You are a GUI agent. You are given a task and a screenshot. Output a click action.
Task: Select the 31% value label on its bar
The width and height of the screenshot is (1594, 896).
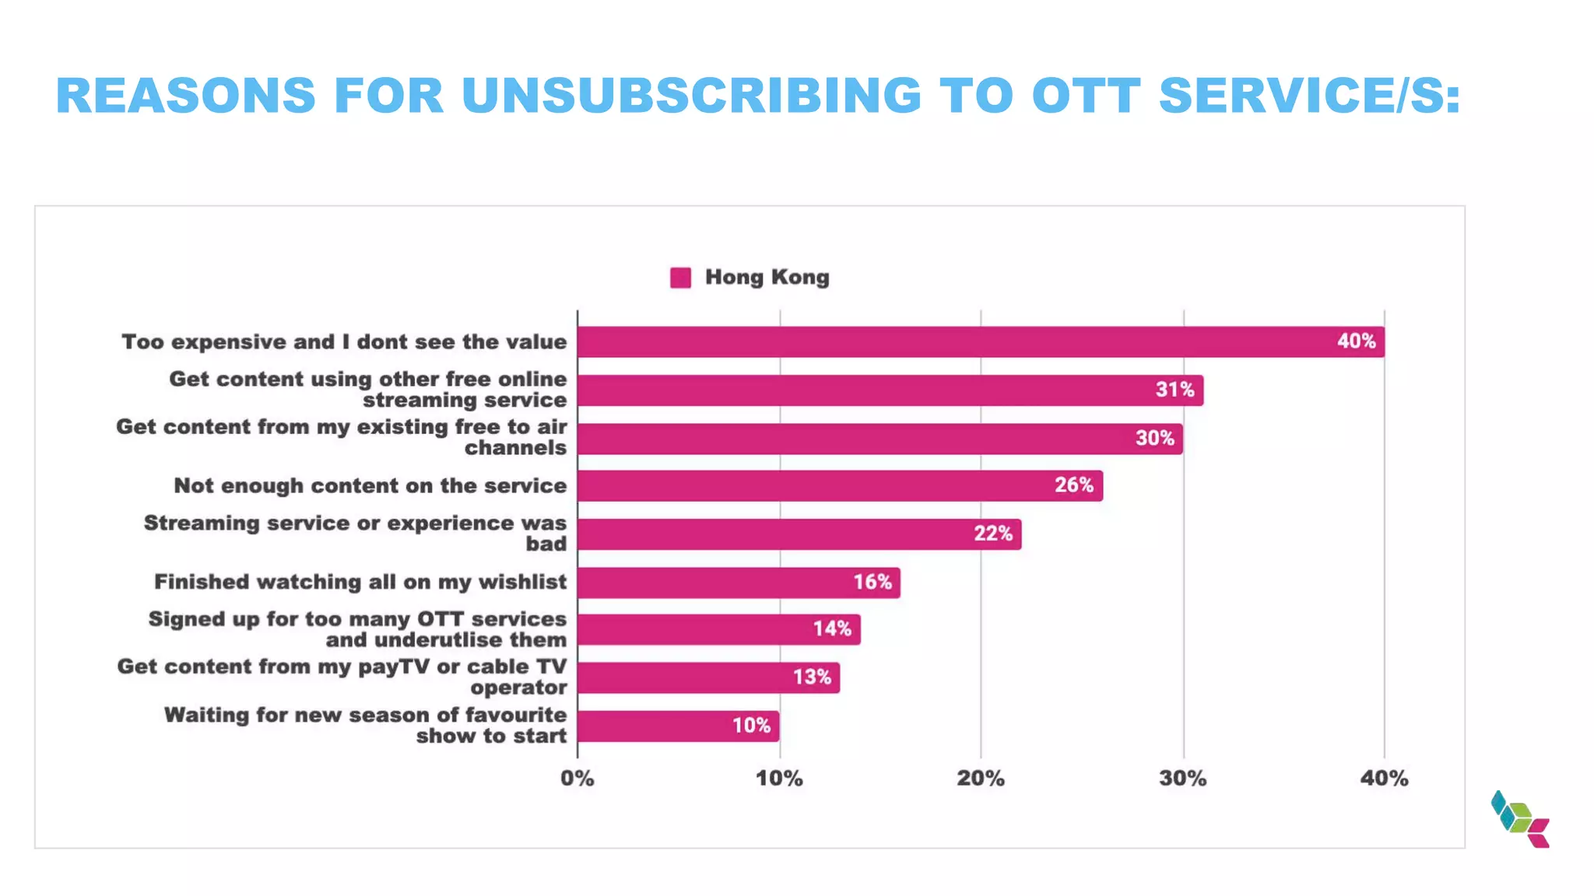[x=1174, y=390]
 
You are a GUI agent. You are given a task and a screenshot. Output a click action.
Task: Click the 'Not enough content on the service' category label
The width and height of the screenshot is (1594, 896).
[x=370, y=486]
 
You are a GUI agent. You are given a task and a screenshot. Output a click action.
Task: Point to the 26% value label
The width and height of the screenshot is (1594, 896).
[x=1074, y=485]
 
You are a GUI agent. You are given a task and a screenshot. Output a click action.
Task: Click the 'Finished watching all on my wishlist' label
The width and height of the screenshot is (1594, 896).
[x=360, y=582]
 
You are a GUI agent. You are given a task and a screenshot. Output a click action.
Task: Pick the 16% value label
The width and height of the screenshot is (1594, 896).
[x=872, y=582]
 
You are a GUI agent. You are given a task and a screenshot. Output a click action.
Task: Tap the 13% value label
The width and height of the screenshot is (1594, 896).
[x=812, y=677]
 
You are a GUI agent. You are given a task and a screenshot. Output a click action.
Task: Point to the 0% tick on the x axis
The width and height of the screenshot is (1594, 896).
[x=578, y=779]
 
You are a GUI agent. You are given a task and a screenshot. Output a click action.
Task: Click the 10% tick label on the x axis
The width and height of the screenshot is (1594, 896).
[x=779, y=779]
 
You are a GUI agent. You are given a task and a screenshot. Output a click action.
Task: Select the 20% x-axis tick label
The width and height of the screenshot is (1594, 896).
[x=981, y=779]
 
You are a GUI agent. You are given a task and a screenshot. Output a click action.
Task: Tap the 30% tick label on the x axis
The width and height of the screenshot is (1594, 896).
[x=1183, y=779]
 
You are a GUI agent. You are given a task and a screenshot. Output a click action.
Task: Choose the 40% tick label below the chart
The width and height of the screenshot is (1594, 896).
[x=1384, y=779]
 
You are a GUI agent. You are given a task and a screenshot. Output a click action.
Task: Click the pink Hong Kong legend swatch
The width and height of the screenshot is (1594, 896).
[x=680, y=278]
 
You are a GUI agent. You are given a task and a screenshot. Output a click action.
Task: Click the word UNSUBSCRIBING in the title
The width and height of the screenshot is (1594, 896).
[x=691, y=96]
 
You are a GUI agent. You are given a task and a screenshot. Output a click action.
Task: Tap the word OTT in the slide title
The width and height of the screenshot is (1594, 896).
[x=1087, y=96]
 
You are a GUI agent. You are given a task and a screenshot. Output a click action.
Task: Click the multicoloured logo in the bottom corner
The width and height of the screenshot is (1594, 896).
[x=1520, y=819]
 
